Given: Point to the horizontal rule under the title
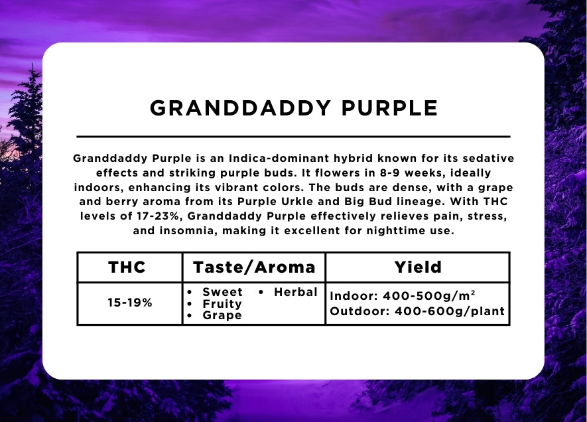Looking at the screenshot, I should click(293, 136).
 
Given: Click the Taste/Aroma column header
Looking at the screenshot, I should click(254, 267).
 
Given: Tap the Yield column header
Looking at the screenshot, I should click(417, 267).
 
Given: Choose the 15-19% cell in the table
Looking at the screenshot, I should click(130, 303).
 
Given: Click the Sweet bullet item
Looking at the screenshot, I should click(222, 292).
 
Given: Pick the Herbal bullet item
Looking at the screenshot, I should click(295, 292).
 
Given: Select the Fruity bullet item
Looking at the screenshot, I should click(222, 304).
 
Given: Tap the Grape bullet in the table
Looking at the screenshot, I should click(222, 316).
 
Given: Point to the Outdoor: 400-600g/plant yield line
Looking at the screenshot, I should click(417, 311).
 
